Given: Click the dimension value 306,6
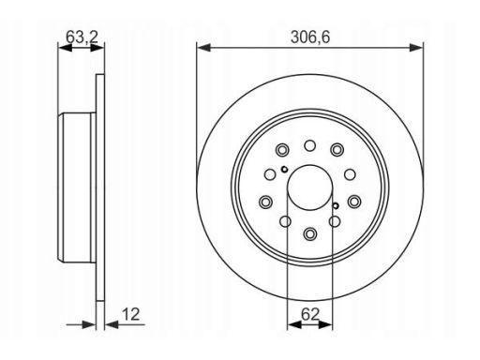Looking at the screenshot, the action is click(310, 37).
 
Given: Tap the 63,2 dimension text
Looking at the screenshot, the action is click(82, 37).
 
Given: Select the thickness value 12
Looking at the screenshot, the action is click(130, 314).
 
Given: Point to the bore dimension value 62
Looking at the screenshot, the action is click(309, 314).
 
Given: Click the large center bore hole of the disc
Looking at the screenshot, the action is click(310, 187).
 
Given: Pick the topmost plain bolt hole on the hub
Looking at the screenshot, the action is click(310, 145).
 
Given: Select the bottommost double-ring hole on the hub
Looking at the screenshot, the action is click(310, 233).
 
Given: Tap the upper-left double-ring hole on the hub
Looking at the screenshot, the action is click(282, 150).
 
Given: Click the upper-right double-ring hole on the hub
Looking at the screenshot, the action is click(337, 150).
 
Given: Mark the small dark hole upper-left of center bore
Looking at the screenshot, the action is click(284, 170).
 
